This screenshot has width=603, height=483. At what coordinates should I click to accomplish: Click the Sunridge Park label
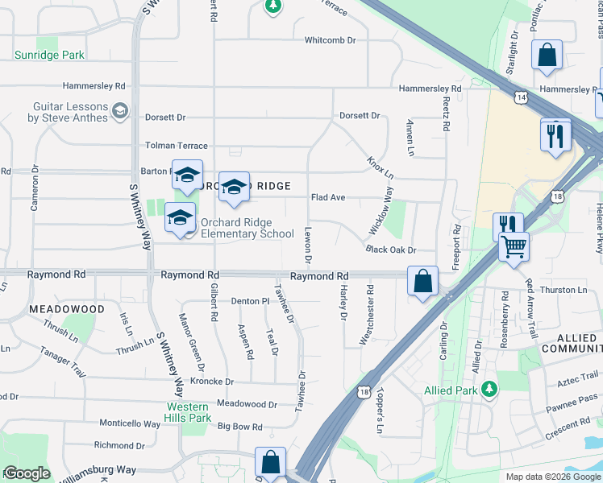[x=49, y=55]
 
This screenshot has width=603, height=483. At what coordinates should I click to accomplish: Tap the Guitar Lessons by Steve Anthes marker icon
[x=120, y=110]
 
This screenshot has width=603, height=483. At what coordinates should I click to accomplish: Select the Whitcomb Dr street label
[x=330, y=40]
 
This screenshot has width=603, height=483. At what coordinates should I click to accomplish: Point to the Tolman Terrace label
[x=176, y=146]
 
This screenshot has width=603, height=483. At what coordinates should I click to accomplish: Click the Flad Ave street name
[x=328, y=197]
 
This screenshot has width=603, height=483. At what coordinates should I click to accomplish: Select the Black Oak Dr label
[x=390, y=250]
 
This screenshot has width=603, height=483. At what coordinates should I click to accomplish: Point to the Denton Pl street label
[x=250, y=301]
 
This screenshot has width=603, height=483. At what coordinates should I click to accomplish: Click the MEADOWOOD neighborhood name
[x=67, y=309]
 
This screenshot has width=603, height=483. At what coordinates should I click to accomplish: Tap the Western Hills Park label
[x=189, y=412]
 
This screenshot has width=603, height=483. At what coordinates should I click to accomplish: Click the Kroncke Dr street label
[x=212, y=382]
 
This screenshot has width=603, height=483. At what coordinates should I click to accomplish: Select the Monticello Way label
[x=131, y=423]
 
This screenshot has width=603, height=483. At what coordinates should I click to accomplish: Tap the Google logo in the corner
[x=27, y=473]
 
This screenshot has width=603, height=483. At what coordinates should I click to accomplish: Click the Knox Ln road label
[x=381, y=168]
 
